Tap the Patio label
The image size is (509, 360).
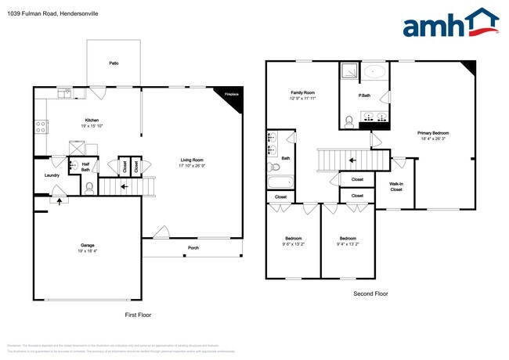pyautogui.click(x=114, y=63)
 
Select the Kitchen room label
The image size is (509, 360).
pyautogui.click(x=92, y=120)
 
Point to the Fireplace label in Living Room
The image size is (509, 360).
pyautogui.click(x=231, y=95)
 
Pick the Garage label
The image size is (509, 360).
pyautogui.click(x=87, y=245)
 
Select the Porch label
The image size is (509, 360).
pyautogui.click(x=193, y=248)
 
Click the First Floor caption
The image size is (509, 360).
pyautogui.click(x=138, y=314)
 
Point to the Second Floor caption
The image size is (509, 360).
pyautogui.click(x=370, y=293)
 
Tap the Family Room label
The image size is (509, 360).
pyautogui.click(x=301, y=93)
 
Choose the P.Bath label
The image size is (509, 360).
pyautogui.click(x=364, y=95)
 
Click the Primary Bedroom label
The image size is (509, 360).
pyautogui.click(x=433, y=133)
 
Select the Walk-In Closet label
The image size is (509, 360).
pyautogui.click(x=396, y=186)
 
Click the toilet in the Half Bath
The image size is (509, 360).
pyautogui.click(x=89, y=187)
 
